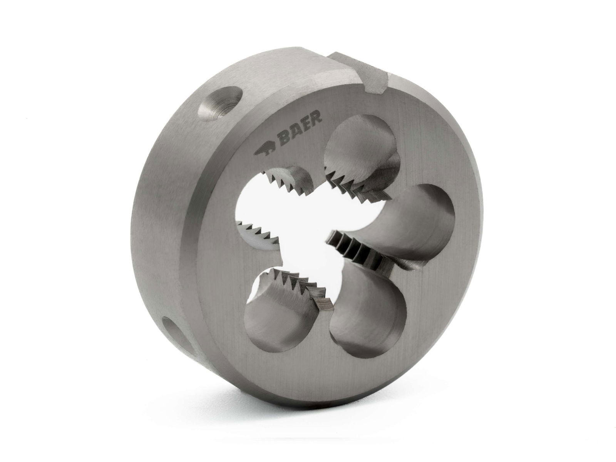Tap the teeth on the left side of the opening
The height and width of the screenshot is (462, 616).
click(258, 231)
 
